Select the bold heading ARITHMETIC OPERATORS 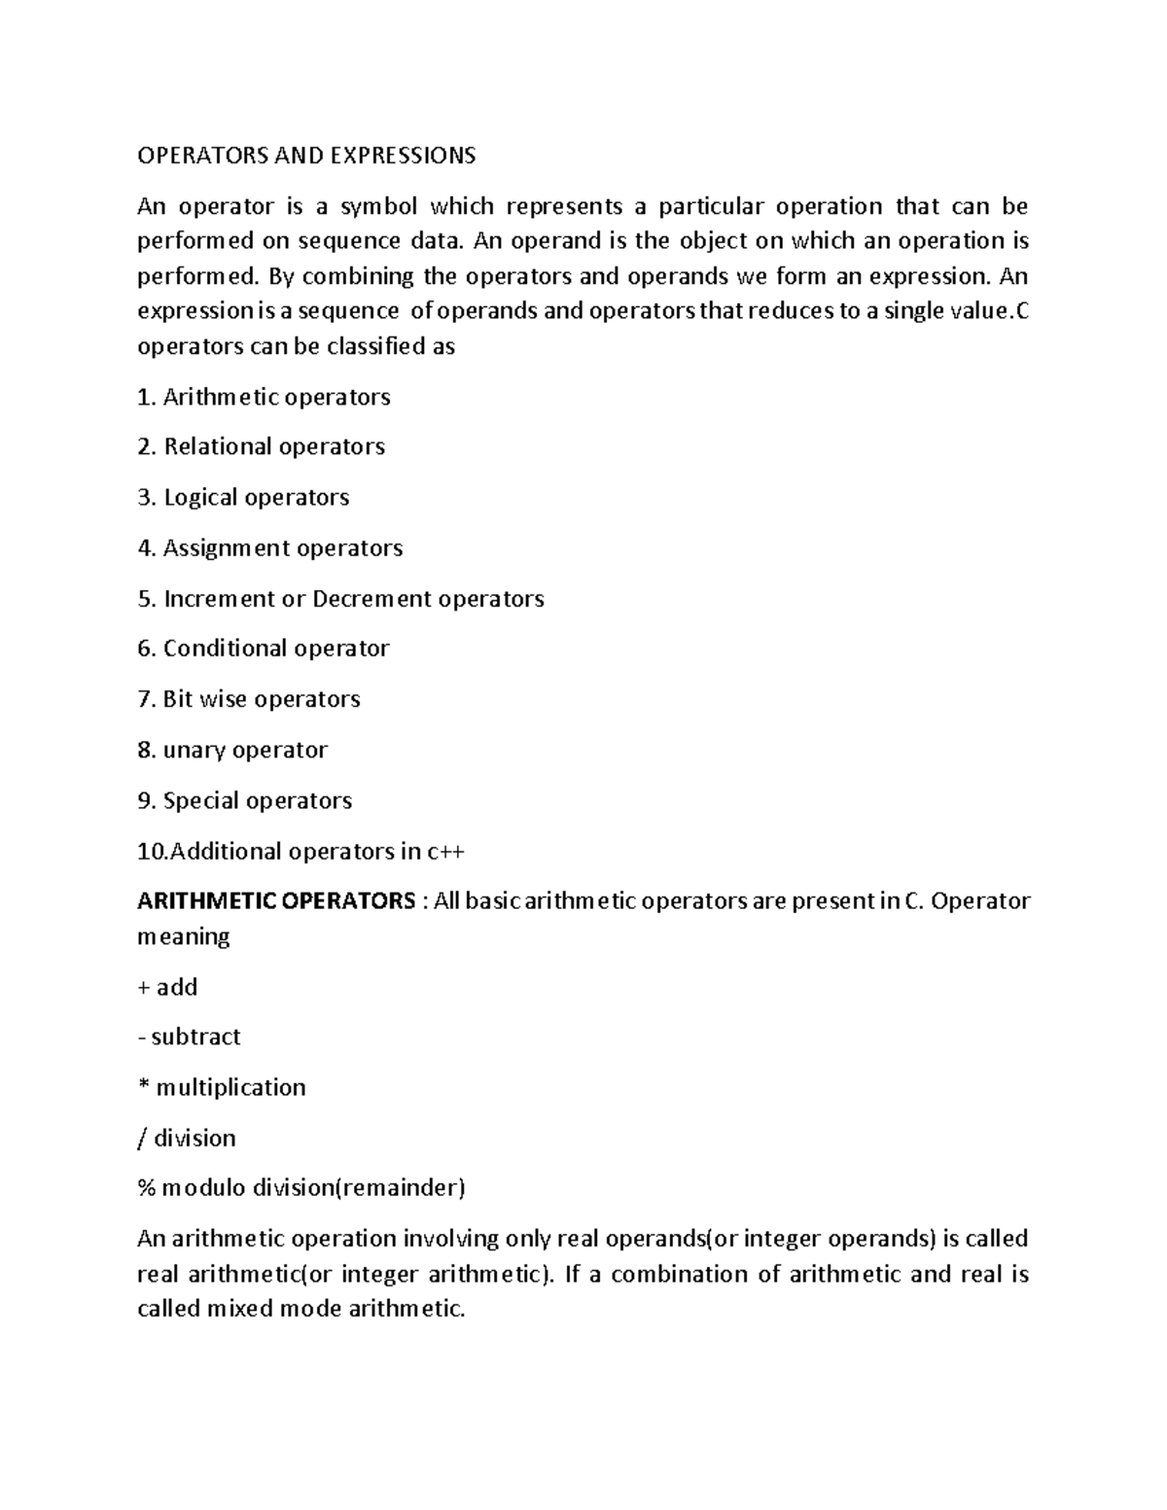tap(276, 901)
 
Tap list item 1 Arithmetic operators tap(264, 397)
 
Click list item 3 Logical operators tap(243, 498)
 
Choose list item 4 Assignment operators tap(269, 548)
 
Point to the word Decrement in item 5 tap(371, 599)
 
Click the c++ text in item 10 tap(446, 852)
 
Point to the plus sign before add tap(144, 988)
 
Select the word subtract tap(195, 1037)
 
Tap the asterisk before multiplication tap(144, 1086)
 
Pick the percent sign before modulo tap(147, 1188)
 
